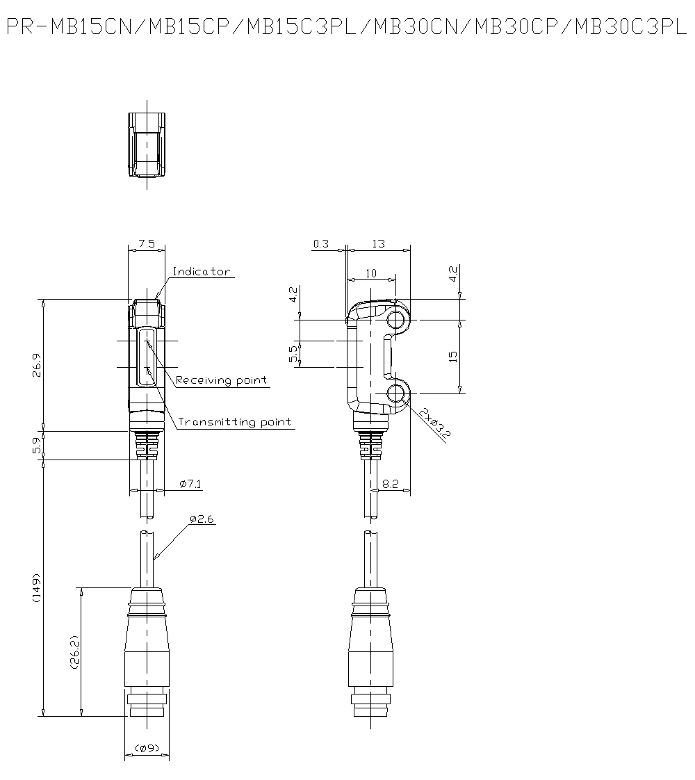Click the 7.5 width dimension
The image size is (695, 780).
click(147, 244)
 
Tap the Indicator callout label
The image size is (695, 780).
click(202, 271)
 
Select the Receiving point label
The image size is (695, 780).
click(221, 380)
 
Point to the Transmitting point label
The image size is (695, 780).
click(235, 422)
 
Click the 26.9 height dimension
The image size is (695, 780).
click(37, 365)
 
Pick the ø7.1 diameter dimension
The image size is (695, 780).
click(191, 484)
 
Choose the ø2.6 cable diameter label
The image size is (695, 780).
click(202, 519)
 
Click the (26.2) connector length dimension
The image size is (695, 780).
click(74, 651)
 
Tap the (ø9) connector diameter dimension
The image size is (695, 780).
click(147, 747)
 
